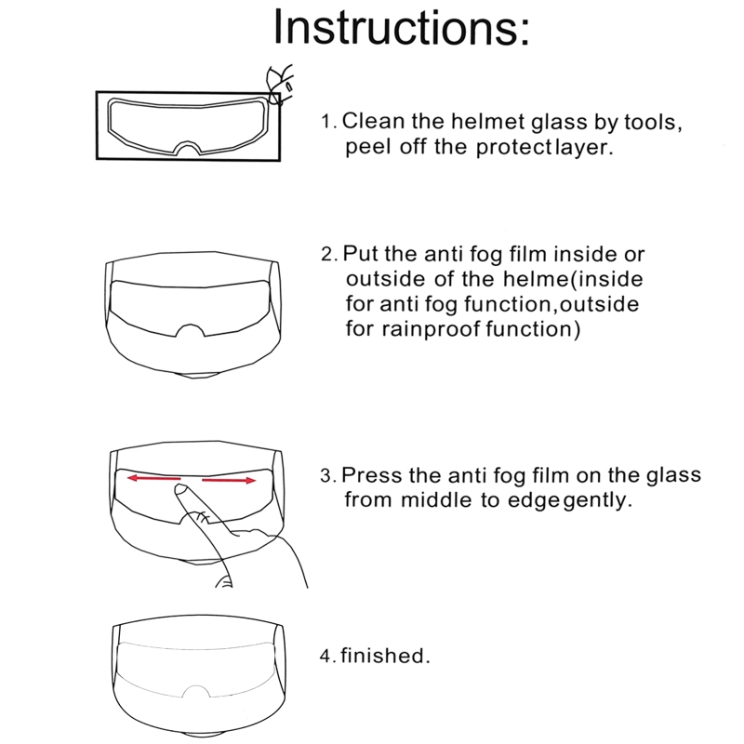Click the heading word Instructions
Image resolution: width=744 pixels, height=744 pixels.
pyautogui.click(x=401, y=27)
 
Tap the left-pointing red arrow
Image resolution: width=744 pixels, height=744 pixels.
pyautogui.click(x=153, y=478)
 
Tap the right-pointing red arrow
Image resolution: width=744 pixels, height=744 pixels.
pyautogui.click(x=229, y=481)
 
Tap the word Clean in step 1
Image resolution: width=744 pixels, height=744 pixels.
pyautogui.click(x=373, y=121)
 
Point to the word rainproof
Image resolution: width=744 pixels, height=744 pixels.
pyautogui.click(x=431, y=329)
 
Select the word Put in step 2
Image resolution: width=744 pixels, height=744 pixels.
pyautogui.click(x=360, y=254)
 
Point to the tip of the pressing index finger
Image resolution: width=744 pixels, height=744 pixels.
pyautogui.click(x=179, y=487)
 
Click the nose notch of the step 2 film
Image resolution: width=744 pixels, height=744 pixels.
pyautogui.click(x=191, y=327)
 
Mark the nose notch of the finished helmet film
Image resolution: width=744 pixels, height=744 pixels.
pyautogui.click(x=195, y=688)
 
